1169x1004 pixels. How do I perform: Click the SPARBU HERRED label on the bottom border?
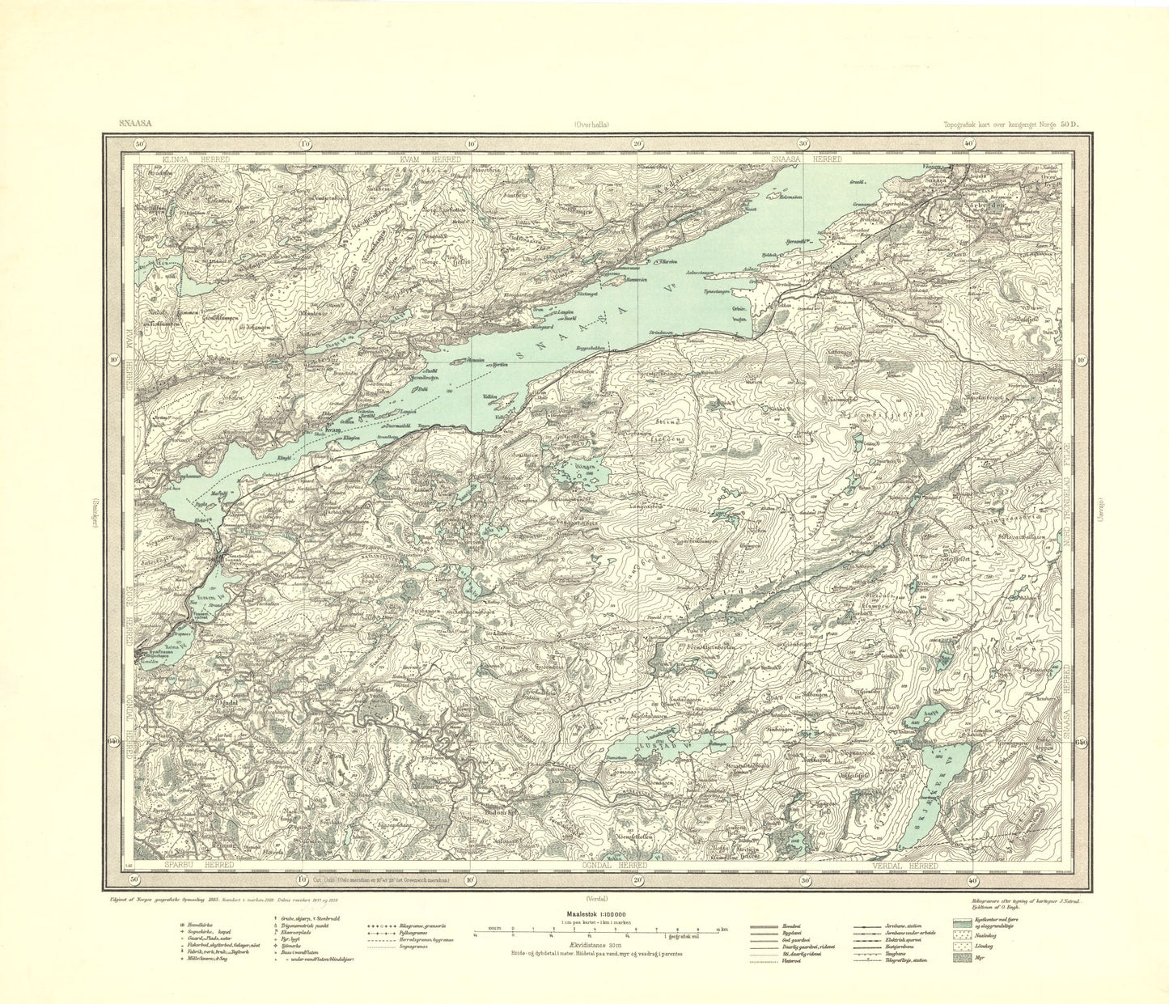pyautogui.click(x=188, y=866)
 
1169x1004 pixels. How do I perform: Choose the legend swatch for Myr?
pyautogui.click(x=962, y=959)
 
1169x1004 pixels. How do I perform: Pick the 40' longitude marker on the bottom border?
pyautogui.click(x=972, y=879)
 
